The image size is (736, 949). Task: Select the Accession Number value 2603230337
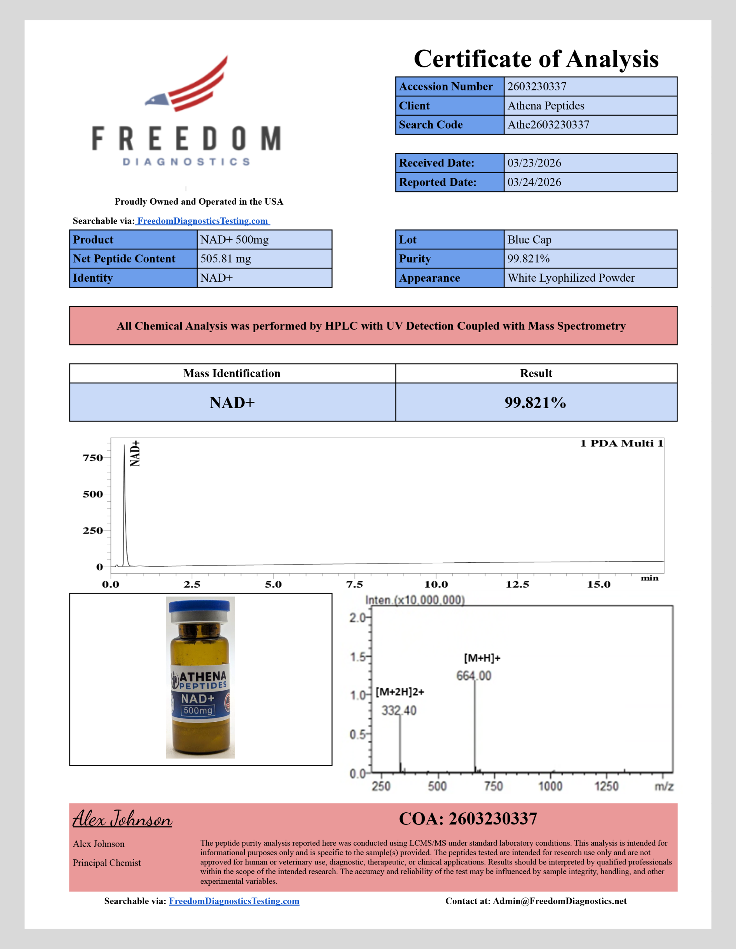(537, 86)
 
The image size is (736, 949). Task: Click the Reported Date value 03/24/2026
(534, 182)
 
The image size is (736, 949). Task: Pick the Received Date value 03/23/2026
(534, 163)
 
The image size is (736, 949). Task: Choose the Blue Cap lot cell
(529, 239)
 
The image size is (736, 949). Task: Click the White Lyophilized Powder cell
(570, 278)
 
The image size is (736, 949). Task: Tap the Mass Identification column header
(232, 373)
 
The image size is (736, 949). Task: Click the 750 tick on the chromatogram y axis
(93, 457)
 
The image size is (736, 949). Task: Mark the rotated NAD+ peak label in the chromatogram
(135, 453)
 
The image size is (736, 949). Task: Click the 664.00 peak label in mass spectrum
(473, 676)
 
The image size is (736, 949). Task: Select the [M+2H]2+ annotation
(400, 692)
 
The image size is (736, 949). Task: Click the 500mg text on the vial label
(198, 710)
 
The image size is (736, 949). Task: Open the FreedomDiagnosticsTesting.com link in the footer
(234, 901)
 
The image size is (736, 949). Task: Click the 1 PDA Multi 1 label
(621, 443)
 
